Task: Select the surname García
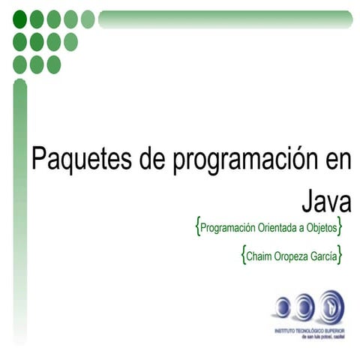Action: (324, 256)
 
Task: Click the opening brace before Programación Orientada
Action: (196, 225)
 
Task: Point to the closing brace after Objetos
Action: (340, 225)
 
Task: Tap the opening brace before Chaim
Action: (244, 255)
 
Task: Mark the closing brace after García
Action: (340, 255)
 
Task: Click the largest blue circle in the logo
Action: (328, 306)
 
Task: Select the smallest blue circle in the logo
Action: (282, 306)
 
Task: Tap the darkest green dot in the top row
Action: (20, 19)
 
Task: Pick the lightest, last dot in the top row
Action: (88, 19)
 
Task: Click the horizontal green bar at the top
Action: (225, 19)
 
